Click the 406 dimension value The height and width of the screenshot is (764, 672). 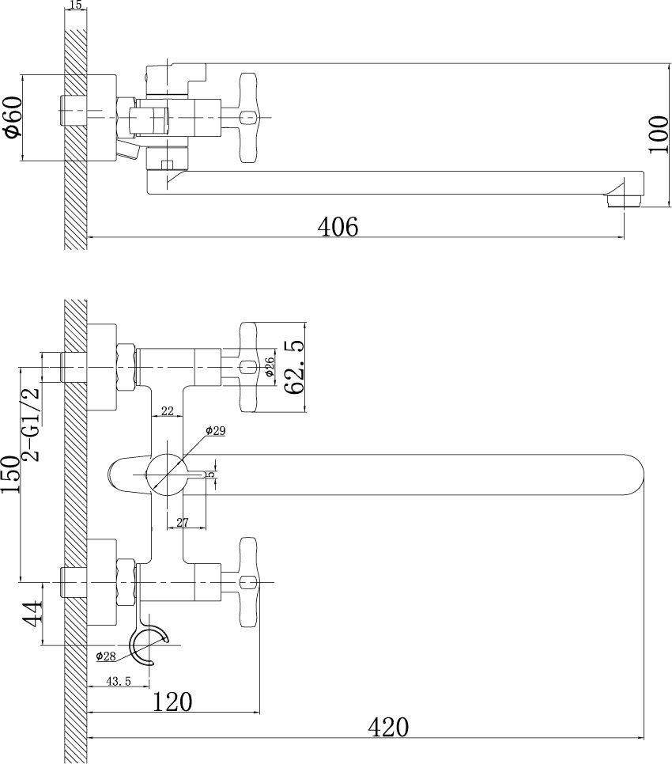pos(338,226)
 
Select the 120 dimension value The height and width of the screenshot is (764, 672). pos(173,701)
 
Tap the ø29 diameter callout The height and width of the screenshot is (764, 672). pos(216,430)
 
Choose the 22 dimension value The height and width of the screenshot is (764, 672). pos(168,410)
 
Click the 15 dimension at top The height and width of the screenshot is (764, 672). pos(76,6)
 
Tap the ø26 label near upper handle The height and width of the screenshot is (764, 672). pos(269,366)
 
